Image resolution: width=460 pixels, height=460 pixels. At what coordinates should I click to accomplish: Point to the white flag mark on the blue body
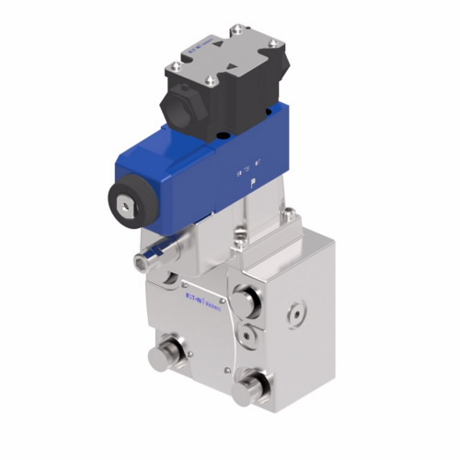click(242, 171)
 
